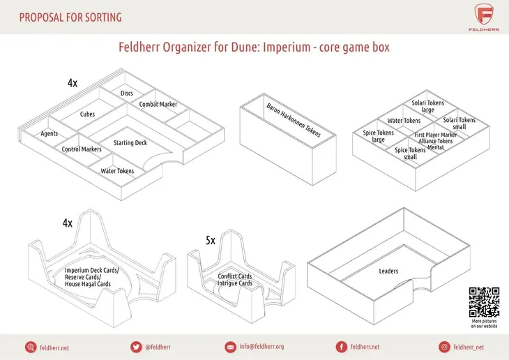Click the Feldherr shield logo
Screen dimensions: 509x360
[x=484, y=14]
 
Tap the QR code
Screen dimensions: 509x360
[x=484, y=302]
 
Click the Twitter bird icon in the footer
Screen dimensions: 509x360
[x=136, y=347]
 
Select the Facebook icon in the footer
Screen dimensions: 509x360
[x=341, y=347]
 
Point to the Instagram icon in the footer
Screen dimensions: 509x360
[x=444, y=347]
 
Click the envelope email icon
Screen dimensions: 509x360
[x=230, y=347]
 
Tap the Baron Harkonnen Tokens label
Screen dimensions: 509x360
[x=294, y=120]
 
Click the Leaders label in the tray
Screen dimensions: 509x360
[x=388, y=271]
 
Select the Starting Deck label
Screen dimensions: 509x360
[x=130, y=142]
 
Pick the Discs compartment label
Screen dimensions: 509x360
[x=127, y=93]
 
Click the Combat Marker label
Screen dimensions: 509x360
[x=158, y=104]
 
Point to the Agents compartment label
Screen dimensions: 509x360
[x=50, y=133]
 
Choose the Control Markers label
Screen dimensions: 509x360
[x=82, y=149]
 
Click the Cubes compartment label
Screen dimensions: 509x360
[x=87, y=114]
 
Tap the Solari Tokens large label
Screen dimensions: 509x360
[x=428, y=106]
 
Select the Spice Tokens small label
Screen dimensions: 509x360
[x=410, y=153]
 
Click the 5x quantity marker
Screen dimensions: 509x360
[x=211, y=241]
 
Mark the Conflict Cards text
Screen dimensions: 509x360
[x=235, y=276]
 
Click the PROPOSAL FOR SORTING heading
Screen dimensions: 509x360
[x=70, y=17]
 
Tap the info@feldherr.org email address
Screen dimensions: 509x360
[x=261, y=347]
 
